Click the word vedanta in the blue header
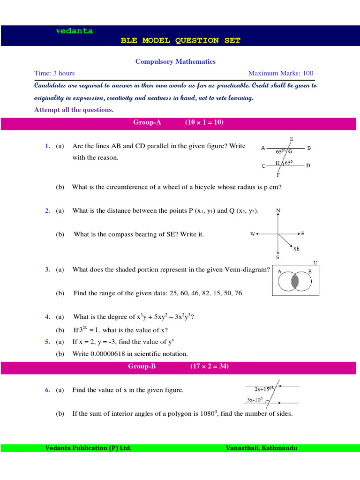click(x=75, y=31)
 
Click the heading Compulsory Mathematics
click(x=175, y=61)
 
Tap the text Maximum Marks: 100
click(x=281, y=73)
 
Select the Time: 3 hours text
click(x=54, y=73)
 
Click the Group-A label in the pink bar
click(x=147, y=122)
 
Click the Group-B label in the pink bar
click(x=142, y=367)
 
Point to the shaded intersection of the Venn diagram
click(x=295, y=281)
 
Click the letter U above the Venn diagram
click(x=315, y=262)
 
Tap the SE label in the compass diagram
click(x=296, y=249)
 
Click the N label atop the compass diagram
click(x=278, y=211)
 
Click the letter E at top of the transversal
click(x=292, y=139)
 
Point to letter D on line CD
click(x=308, y=165)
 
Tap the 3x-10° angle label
click(x=255, y=400)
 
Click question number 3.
click(x=47, y=270)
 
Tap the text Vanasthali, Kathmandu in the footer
click(x=261, y=448)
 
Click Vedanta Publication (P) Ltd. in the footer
click(x=88, y=448)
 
